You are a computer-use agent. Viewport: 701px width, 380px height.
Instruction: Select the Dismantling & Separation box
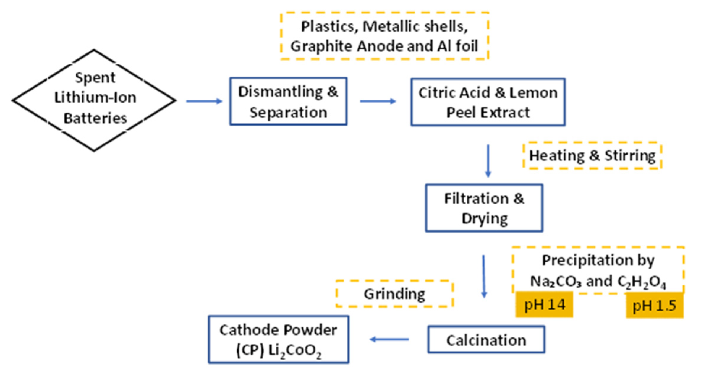[x=288, y=101]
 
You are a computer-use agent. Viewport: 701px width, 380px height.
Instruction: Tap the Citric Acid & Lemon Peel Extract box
[x=488, y=102]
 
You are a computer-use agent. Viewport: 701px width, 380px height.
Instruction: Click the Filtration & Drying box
[x=484, y=208]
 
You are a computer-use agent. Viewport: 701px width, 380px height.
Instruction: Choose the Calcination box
[x=486, y=340]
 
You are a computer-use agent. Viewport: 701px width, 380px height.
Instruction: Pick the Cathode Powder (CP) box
[x=279, y=340]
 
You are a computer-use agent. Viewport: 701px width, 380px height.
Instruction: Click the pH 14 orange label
[x=544, y=305]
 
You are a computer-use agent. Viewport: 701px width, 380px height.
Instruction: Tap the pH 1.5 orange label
[x=654, y=305]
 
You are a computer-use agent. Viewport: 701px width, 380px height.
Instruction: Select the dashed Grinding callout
[x=394, y=294]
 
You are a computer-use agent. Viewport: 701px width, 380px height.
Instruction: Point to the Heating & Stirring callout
[x=592, y=155]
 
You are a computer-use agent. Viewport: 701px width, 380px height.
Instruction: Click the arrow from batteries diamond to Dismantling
[x=204, y=101]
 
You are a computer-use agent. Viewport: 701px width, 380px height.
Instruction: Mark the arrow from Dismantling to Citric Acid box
[x=378, y=101]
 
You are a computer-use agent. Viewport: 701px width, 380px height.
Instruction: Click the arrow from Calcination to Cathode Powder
[x=389, y=340]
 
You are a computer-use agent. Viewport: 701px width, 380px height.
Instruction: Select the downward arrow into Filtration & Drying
[x=488, y=161]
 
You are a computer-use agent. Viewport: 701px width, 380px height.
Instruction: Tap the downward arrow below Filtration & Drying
[x=484, y=276]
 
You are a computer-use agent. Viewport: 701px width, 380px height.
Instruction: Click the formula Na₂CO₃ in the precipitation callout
[x=556, y=281]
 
